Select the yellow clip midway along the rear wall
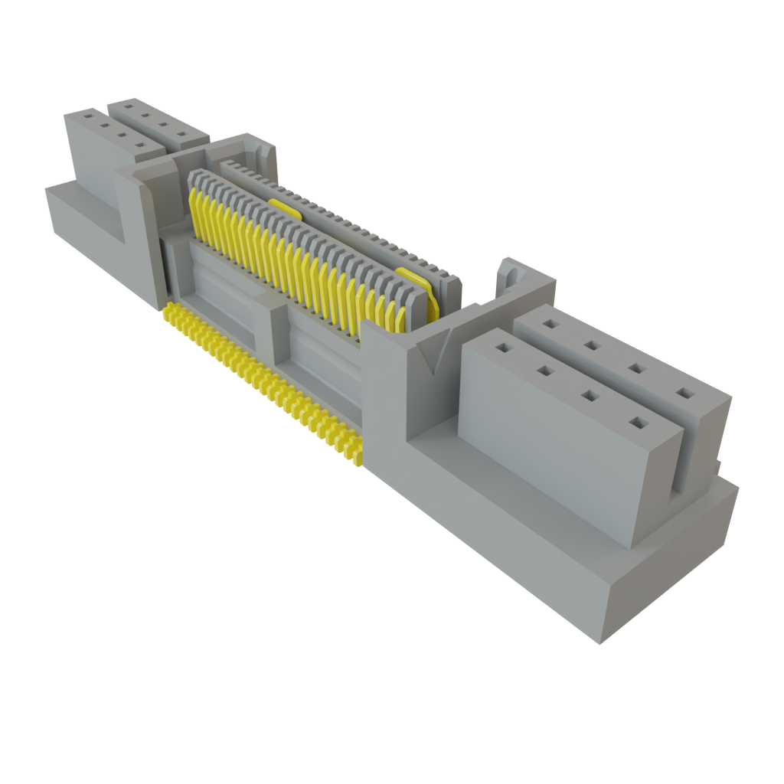tap(283, 206)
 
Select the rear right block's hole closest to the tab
tap(548, 323)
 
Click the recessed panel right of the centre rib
tap(322, 360)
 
